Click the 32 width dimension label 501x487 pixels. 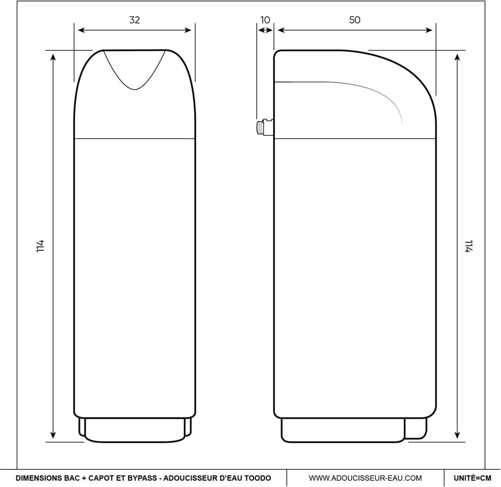coord(134,20)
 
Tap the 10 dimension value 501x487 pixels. coord(265,20)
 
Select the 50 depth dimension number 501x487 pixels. coord(355,20)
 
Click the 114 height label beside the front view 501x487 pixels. coord(40,246)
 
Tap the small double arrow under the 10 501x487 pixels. coord(265,30)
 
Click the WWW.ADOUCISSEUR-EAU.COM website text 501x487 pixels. coord(365,478)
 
